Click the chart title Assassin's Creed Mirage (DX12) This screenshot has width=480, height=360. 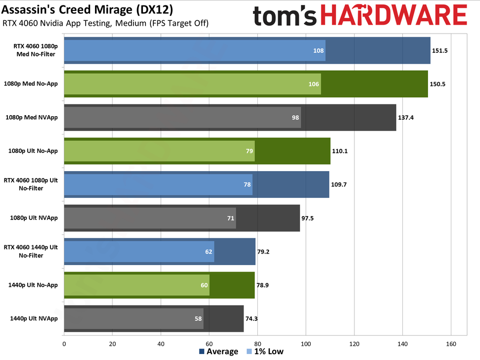tap(88, 9)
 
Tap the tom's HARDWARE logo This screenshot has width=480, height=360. tap(360, 16)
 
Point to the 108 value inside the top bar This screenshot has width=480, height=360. tap(319, 50)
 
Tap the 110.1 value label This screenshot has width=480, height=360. tap(339, 151)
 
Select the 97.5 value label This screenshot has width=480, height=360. tap(308, 218)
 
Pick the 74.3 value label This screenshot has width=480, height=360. tap(252, 319)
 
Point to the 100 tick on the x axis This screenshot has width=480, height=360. tap(306, 343)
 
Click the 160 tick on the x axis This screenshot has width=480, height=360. tap(451, 343)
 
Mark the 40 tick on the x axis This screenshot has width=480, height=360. tap(161, 343)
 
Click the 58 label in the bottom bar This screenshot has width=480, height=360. tap(198, 319)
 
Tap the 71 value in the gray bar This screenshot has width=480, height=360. tap(231, 218)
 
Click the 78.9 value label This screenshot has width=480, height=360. tap(263, 285)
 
